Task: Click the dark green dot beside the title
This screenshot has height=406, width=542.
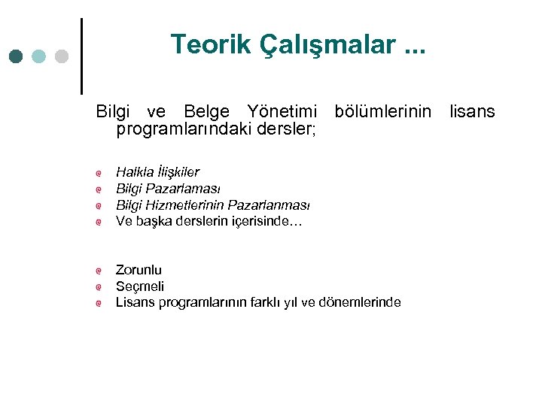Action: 17,56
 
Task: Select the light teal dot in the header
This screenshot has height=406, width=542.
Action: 39,56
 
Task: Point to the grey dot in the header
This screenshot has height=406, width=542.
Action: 62,56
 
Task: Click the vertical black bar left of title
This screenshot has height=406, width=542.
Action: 81,56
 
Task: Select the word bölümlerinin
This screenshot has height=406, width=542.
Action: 382,112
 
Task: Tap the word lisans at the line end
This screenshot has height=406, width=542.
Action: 472,112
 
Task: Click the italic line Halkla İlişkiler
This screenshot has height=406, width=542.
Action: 157,172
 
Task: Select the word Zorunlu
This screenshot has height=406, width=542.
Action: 139,270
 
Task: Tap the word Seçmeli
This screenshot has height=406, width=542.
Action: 140,286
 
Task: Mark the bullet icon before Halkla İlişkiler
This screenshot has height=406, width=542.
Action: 99,173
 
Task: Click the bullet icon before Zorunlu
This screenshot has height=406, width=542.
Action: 99,271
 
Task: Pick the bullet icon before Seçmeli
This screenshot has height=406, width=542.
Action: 99,287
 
